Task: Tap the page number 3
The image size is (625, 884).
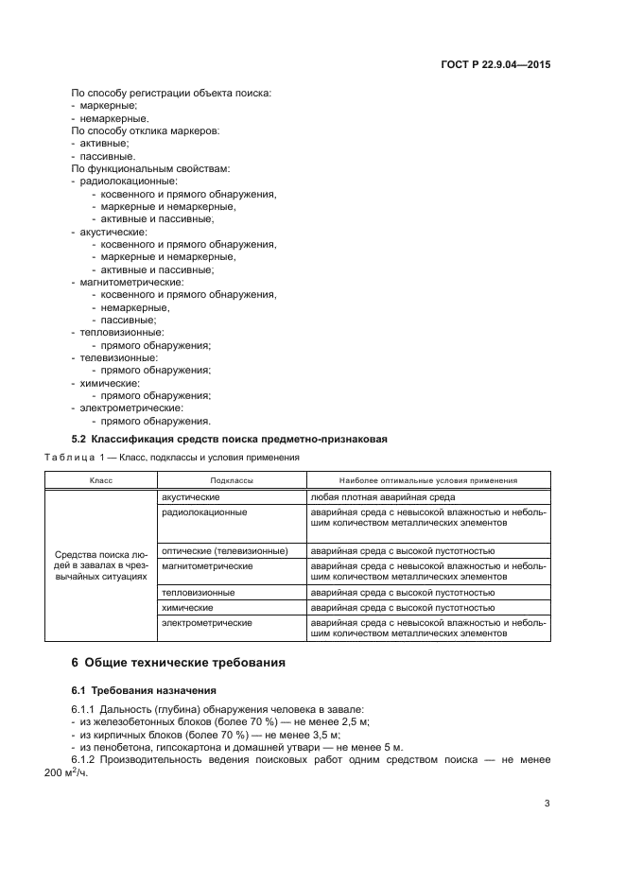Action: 547,805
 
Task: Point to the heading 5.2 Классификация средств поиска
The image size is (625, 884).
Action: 230,439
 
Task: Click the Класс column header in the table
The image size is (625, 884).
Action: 101,480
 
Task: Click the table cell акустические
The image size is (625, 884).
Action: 191,496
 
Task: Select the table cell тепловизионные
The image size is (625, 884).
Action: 199,592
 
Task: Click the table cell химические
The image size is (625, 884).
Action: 187,607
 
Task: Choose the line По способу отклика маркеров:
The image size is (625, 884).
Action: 146,130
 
